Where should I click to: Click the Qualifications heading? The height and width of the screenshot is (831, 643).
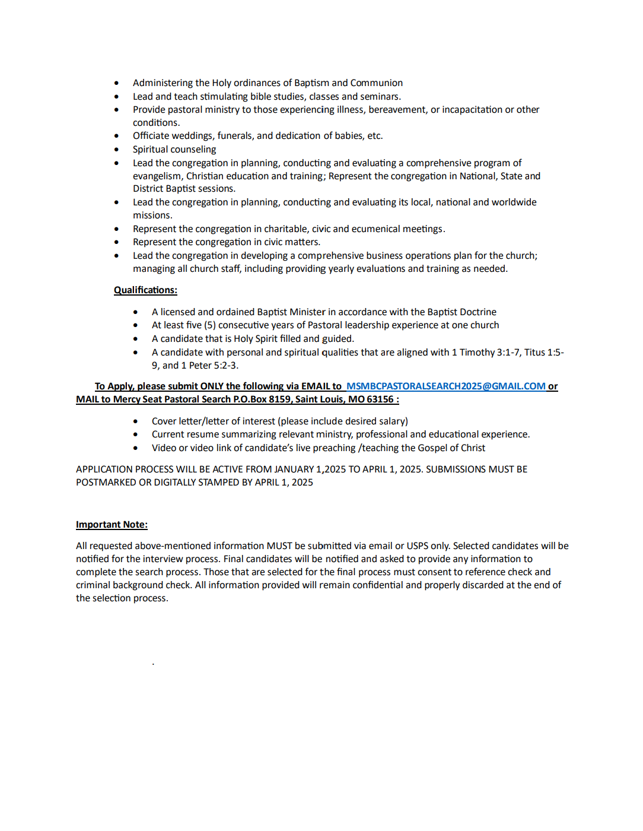tap(145, 290)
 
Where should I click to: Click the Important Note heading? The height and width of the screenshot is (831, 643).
tap(112, 525)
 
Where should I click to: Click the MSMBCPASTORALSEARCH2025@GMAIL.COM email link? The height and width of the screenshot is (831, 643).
tap(445, 386)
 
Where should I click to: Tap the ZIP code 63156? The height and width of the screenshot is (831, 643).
tap(380, 399)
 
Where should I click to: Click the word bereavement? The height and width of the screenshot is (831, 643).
tap(397, 110)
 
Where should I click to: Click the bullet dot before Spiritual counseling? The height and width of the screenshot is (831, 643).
tap(116, 150)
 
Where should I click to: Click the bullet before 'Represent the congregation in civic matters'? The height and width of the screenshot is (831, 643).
tap(116, 242)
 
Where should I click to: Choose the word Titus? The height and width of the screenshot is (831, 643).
tap(534, 353)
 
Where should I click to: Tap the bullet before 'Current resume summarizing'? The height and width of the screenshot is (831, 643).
tap(136, 434)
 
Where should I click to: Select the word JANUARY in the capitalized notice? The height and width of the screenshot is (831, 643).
tap(294, 470)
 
